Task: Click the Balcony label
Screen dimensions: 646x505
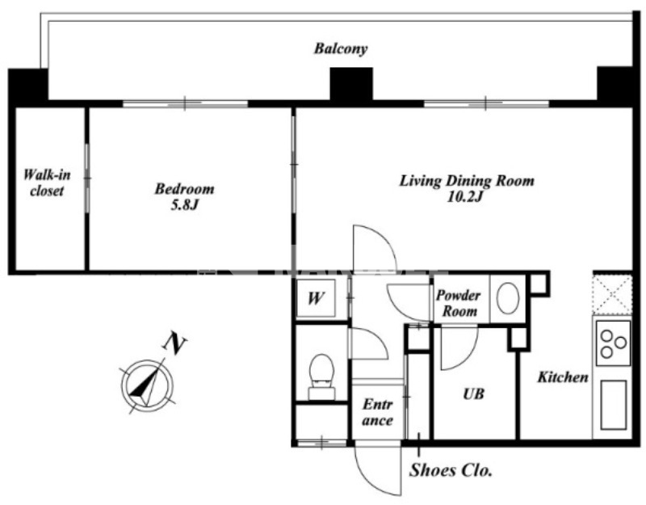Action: [341, 48]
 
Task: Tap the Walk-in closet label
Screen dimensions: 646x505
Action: [47, 183]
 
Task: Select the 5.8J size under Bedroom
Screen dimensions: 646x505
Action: [185, 204]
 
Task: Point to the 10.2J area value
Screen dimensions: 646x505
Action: [465, 197]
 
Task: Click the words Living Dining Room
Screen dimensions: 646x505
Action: [467, 181]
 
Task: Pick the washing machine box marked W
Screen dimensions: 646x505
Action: [316, 297]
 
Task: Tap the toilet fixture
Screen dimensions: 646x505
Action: [321, 377]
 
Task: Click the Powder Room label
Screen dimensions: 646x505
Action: [459, 303]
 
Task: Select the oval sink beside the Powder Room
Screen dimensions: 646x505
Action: [508, 298]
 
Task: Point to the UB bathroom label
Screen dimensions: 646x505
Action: [473, 394]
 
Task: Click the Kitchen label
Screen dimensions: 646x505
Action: [563, 377]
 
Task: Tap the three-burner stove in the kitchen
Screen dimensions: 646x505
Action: [613, 343]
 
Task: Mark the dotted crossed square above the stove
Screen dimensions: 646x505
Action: [612, 295]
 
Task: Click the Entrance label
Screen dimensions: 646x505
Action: [378, 413]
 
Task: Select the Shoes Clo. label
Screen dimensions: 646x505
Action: [451, 470]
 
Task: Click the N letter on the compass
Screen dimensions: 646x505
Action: [174, 344]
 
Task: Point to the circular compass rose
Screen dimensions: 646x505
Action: [147, 386]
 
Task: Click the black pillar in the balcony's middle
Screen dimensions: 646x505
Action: [351, 84]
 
